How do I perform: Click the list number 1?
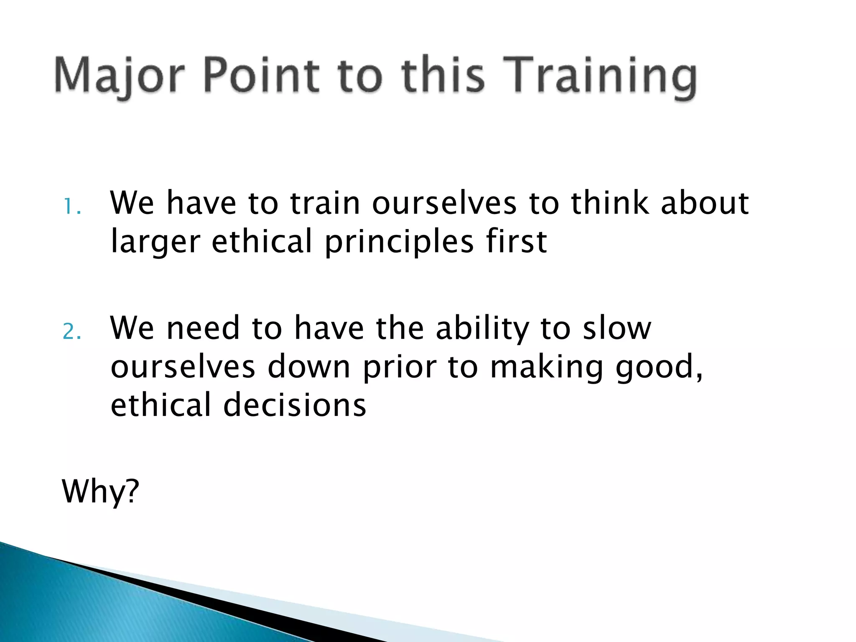pos(71,206)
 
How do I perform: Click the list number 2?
pos(71,332)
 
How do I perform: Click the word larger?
pos(155,242)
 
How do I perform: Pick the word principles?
pos(399,242)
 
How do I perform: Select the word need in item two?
pos(203,328)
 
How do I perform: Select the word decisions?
pos(295,405)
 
